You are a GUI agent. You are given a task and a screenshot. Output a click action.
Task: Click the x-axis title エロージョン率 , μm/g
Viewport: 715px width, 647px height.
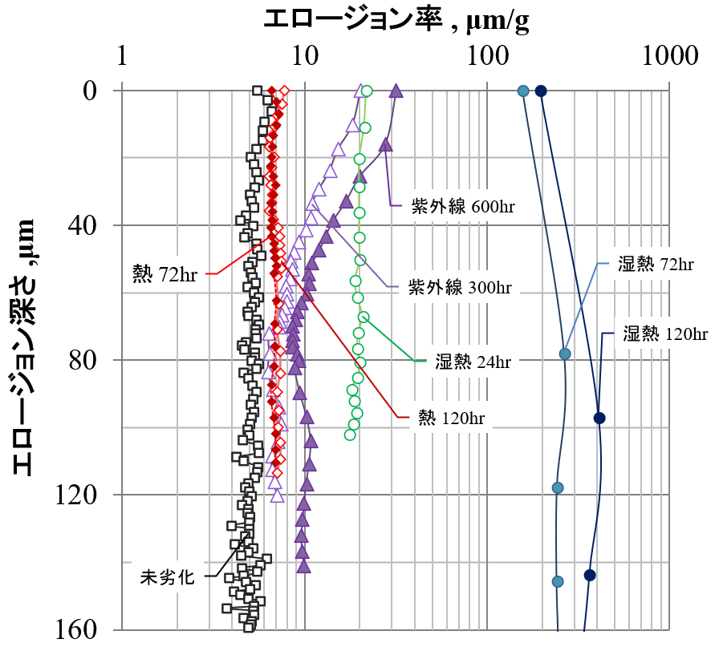coord(396,20)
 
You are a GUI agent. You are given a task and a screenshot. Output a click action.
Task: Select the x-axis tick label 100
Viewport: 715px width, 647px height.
coord(487,57)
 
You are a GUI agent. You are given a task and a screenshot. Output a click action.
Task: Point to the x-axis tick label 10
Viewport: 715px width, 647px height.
coord(305,57)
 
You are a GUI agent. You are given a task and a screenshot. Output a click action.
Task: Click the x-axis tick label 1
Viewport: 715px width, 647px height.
coord(123,57)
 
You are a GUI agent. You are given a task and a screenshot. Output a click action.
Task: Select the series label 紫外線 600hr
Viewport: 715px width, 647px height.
coord(463,206)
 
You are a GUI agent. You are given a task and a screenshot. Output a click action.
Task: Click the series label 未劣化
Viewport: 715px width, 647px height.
coord(168,576)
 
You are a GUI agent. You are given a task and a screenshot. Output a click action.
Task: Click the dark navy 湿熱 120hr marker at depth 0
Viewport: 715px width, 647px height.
coord(541,91)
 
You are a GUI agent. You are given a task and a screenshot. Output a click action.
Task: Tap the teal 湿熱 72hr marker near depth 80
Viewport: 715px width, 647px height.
coord(565,354)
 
